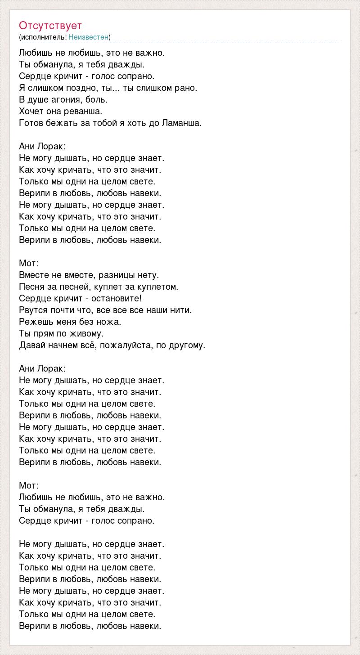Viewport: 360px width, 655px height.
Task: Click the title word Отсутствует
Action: pyautogui.click(x=50, y=26)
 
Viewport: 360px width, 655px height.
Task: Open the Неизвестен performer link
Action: pyautogui.click(x=89, y=37)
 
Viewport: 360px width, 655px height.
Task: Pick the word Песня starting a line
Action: pyautogui.click(x=32, y=287)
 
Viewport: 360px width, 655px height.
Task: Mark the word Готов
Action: pyautogui.click(x=31, y=123)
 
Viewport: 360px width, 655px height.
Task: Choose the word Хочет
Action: pyautogui.click(x=31, y=111)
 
